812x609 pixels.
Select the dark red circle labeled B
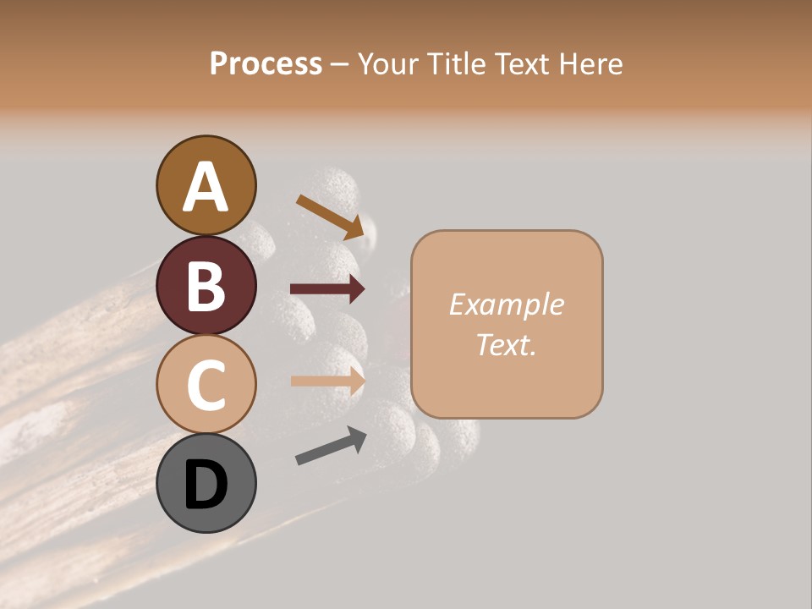(x=206, y=285)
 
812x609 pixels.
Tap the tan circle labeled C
(x=206, y=385)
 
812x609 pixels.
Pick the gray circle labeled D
(x=206, y=483)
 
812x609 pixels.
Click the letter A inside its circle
(x=206, y=186)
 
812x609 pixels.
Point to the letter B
(x=206, y=286)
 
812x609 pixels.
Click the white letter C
(x=206, y=386)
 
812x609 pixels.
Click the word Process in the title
(x=266, y=63)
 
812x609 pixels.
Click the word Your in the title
(x=388, y=63)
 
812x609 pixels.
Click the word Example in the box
(x=506, y=304)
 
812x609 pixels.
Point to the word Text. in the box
(x=506, y=344)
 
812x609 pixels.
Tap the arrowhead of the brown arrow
(x=364, y=228)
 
